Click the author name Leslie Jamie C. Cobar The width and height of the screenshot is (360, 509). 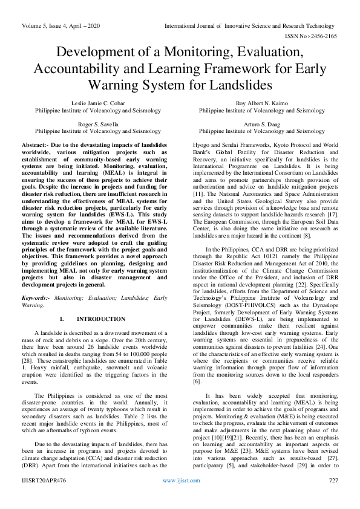[x=97, y=104]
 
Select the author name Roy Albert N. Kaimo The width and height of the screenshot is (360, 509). [x=261, y=104]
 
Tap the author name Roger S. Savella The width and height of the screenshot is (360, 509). [x=97, y=123]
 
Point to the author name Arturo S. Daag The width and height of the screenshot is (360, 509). [x=261, y=123]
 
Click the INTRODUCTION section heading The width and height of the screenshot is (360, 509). [x=101, y=319]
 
